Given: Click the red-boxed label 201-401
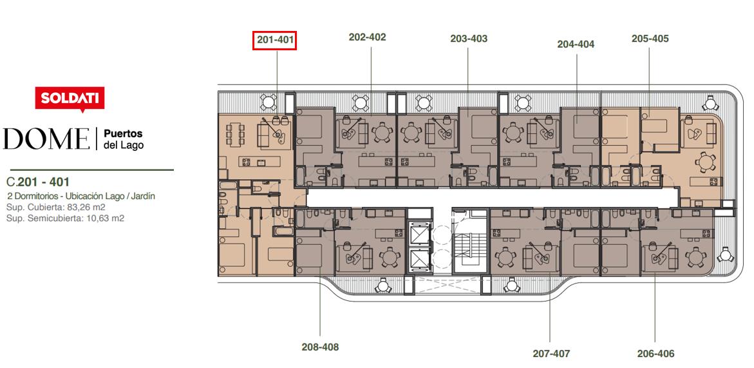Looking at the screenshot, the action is [x=274, y=41].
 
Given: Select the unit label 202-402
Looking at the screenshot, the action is [x=368, y=37].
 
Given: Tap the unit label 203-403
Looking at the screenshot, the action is [x=469, y=39].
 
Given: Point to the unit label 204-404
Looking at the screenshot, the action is [x=576, y=44].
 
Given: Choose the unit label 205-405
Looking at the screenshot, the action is [x=650, y=39].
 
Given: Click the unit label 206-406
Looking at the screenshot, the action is [x=656, y=354].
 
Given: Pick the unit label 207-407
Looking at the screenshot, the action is [x=551, y=354].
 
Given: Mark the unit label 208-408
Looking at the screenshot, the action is [x=320, y=347].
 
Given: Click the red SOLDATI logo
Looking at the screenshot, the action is [x=70, y=99].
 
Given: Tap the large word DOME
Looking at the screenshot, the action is [x=46, y=139].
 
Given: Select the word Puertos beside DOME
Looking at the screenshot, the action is [x=123, y=134].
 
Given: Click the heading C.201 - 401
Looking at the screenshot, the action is [x=38, y=182].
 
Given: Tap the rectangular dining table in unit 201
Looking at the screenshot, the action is [x=235, y=135].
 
